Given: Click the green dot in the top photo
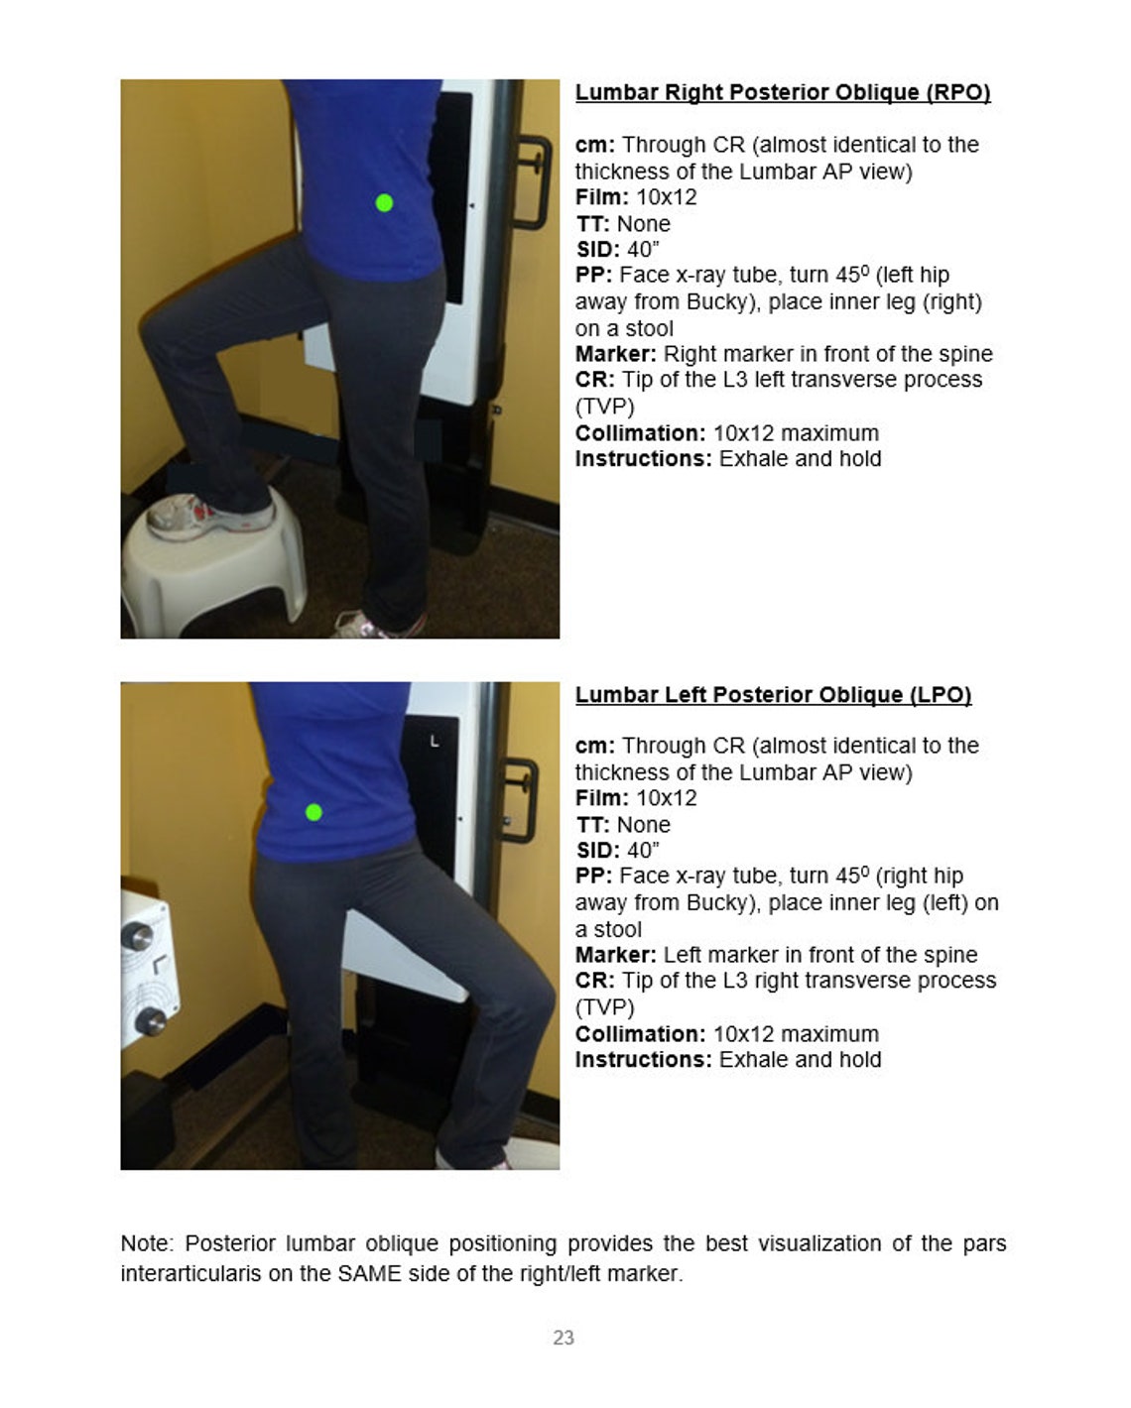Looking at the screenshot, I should point(385,203).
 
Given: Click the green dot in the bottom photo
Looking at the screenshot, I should point(314,813).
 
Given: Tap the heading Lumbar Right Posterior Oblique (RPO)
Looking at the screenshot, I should point(783,92).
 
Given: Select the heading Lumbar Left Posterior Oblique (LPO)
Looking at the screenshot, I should point(773,695).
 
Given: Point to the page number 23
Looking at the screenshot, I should point(564,1338).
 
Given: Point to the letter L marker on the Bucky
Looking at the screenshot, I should point(435,741).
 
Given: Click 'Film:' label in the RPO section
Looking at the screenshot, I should point(602,197).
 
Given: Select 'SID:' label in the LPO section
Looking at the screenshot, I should point(598,851).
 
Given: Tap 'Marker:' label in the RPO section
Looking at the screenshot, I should point(616,354).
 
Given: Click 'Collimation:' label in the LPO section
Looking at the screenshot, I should point(641,1034).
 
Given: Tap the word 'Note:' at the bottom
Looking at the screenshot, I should point(149,1244).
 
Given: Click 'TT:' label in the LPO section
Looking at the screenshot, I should point(593,825).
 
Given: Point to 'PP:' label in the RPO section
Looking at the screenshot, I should point(594,276).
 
